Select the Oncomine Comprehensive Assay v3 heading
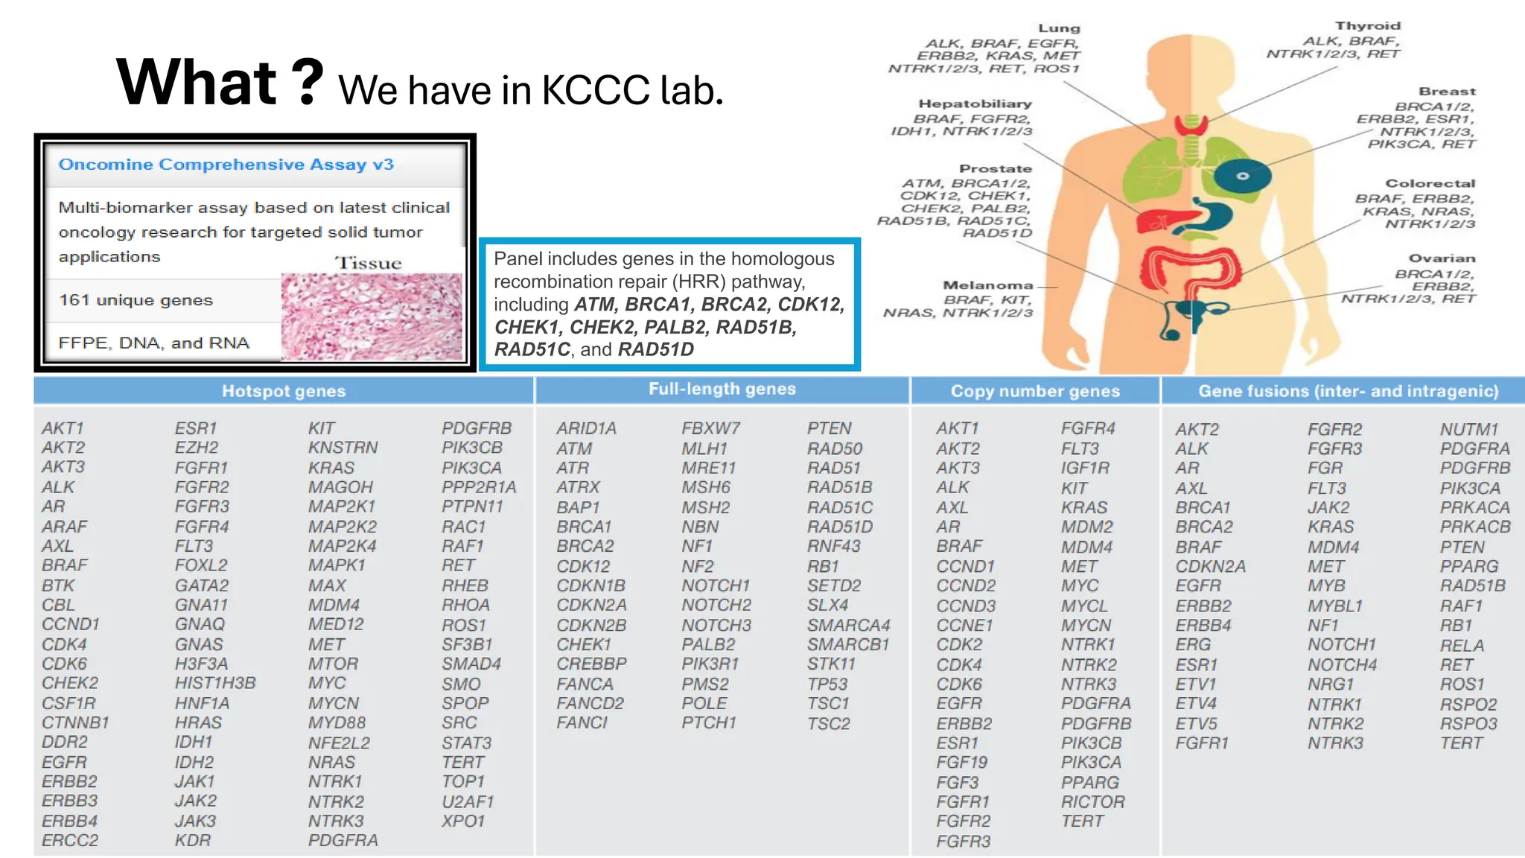point(226,165)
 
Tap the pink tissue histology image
point(372,317)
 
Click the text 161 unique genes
point(136,300)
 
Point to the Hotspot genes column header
point(284,391)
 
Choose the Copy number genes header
point(1035,391)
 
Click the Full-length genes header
point(722,389)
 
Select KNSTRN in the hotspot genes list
point(343,448)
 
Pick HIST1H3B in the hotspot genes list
point(215,683)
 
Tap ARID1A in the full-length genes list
point(586,428)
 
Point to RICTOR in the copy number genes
point(1092,802)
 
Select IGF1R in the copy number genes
point(1085,468)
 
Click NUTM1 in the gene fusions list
point(1468,429)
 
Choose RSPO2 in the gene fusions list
point(1468,704)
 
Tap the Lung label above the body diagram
point(1059,28)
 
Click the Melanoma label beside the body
point(987,285)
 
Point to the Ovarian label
point(1442,258)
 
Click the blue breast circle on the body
point(1242,177)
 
